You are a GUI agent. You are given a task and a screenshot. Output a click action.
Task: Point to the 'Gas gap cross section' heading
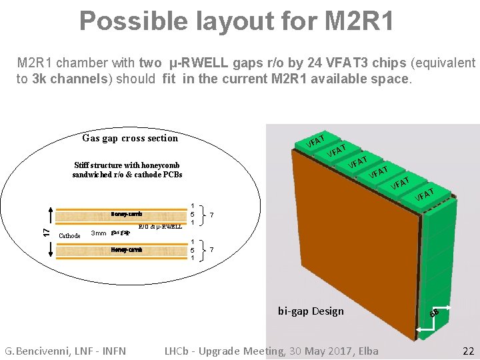pos(130,138)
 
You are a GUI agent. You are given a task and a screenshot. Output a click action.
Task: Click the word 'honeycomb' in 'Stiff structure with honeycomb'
pos(159,165)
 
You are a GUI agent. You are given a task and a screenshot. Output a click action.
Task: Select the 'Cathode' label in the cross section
pos(70,235)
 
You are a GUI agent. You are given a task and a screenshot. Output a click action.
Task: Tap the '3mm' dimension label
pos(98,233)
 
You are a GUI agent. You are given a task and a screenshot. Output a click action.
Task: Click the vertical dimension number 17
pos(46,231)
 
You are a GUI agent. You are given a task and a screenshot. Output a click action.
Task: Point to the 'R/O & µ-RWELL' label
pos(160,227)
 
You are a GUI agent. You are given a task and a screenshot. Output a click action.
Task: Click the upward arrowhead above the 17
pos(46,213)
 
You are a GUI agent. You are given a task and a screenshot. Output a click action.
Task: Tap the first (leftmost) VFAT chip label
pos(315,141)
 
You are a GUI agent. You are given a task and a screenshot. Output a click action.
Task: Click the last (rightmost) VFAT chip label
pos(425,194)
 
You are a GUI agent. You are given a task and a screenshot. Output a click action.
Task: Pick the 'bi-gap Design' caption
pos(311,311)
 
